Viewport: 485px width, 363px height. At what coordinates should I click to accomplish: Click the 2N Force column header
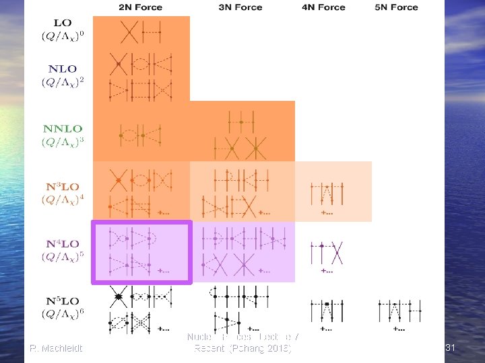coord(141,7)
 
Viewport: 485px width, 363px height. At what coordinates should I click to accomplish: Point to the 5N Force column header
coord(395,7)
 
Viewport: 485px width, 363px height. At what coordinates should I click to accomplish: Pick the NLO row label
coord(62,69)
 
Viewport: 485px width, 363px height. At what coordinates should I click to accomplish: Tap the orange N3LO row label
coord(62,186)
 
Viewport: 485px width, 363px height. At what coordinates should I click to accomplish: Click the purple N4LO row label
coord(62,243)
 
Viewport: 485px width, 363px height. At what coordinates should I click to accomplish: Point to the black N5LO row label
coord(62,300)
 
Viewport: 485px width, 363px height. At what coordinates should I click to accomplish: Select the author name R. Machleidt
coord(56,348)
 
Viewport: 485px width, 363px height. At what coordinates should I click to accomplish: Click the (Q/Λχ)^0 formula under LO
coord(62,37)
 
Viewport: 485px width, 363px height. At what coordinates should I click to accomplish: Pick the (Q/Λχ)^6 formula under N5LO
coord(62,313)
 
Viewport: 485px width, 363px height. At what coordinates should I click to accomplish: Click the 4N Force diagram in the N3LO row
coord(327,195)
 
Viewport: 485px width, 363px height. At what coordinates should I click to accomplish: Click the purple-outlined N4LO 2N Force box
coord(142,253)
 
